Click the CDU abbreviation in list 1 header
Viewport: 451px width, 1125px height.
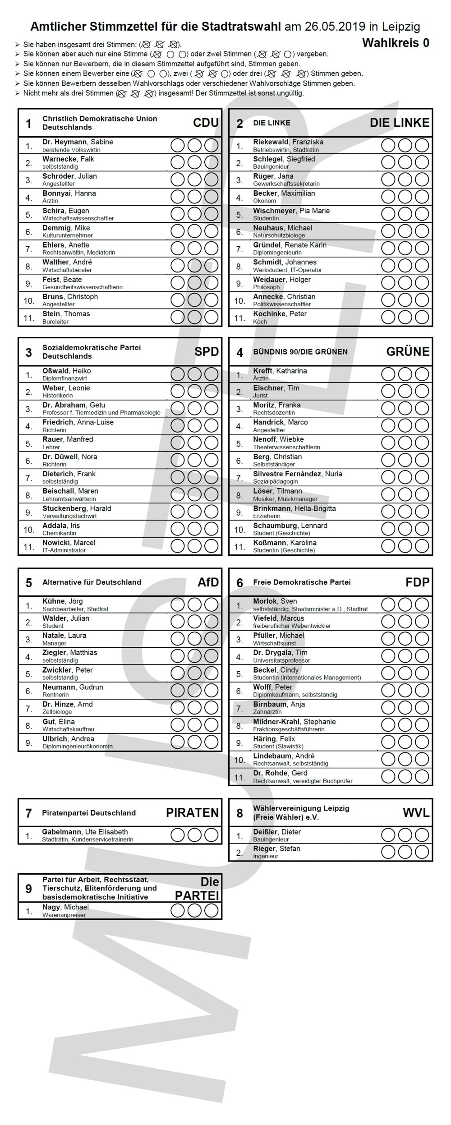point(206,123)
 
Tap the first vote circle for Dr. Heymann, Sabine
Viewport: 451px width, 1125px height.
point(177,145)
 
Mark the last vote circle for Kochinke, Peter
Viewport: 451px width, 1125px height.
point(422,317)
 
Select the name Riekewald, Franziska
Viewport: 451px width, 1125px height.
point(288,142)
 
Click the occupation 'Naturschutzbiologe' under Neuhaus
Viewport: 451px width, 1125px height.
point(279,235)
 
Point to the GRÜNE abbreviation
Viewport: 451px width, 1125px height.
point(408,351)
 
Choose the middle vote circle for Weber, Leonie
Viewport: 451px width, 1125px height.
point(194,391)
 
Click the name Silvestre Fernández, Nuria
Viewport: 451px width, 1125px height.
point(297,474)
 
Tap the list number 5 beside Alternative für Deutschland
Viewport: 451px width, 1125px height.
point(29,583)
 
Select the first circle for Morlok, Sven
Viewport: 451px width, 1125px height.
point(388,604)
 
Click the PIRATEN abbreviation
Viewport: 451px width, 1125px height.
point(192,812)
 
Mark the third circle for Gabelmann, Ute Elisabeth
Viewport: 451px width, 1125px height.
point(211,835)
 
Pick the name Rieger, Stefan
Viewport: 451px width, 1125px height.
point(276,848)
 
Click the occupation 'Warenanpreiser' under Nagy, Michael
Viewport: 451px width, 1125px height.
point(64,915)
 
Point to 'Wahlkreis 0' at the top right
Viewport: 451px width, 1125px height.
point(396,43)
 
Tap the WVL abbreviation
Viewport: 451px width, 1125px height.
point(416,812)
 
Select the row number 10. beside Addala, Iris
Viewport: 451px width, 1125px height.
point(29,530)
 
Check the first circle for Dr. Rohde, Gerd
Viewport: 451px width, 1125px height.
point(388,776)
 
